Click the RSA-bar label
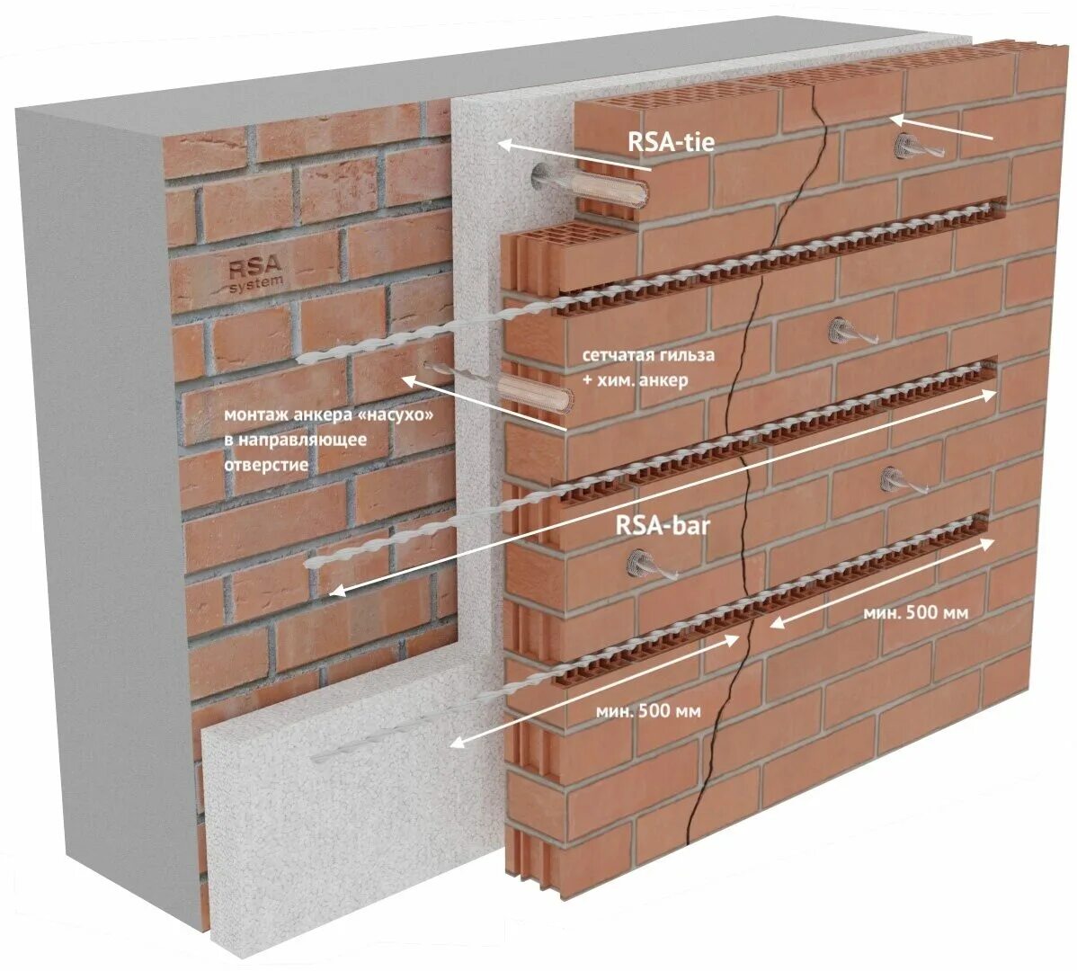(662, 525)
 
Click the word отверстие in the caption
(266, 465)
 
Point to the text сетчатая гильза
(648, 354)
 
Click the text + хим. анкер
(635, 379)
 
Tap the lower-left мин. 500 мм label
(648, 710)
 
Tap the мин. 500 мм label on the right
(915, 612)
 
